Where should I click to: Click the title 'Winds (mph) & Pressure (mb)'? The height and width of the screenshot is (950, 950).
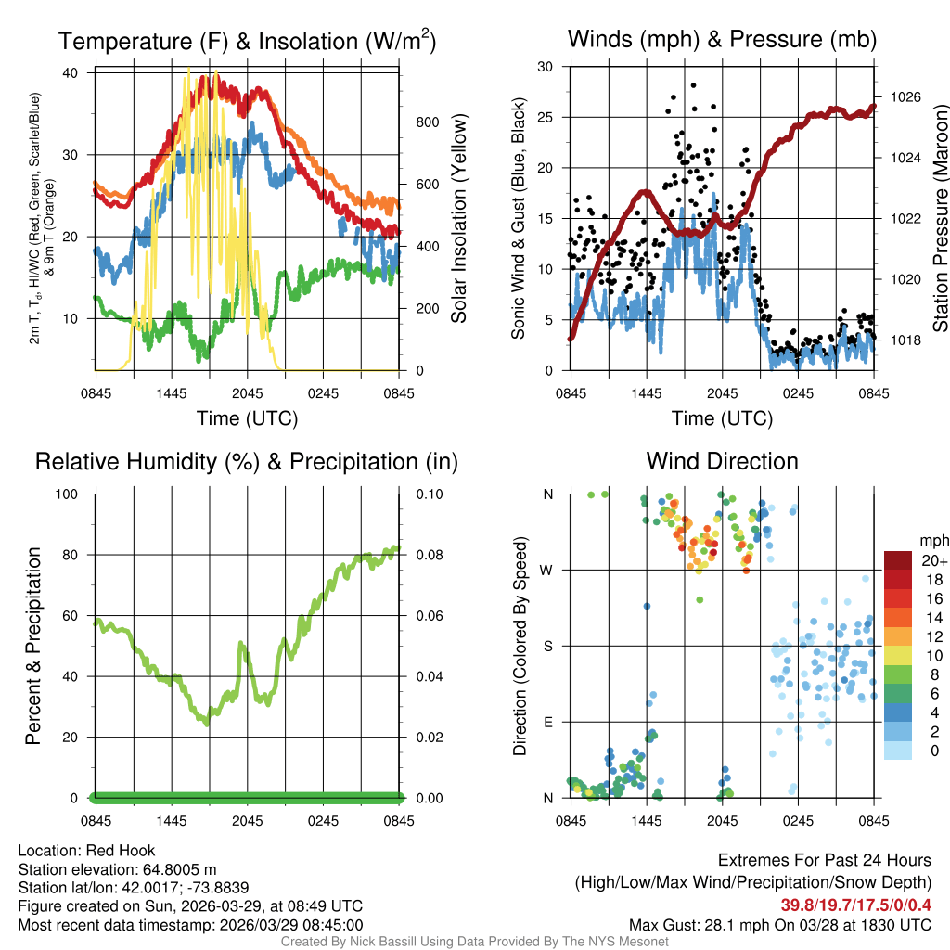(x=722, y=40)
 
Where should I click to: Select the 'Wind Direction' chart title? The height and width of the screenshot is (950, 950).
(x=722, y=461)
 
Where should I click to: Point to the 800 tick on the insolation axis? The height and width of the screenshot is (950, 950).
(x=419, y=122)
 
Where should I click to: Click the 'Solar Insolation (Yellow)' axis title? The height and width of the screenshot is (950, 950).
(x=459, y=219)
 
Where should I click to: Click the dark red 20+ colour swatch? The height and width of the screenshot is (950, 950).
(x=897, y=560)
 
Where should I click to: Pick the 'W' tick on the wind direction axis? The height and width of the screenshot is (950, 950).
(x=548, y=570)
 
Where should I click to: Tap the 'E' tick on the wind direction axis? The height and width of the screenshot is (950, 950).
(x=548, y=722)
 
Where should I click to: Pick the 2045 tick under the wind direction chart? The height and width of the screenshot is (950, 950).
(x=722, y=820)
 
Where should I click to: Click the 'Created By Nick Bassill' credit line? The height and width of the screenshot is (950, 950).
(x=474, y=942)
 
